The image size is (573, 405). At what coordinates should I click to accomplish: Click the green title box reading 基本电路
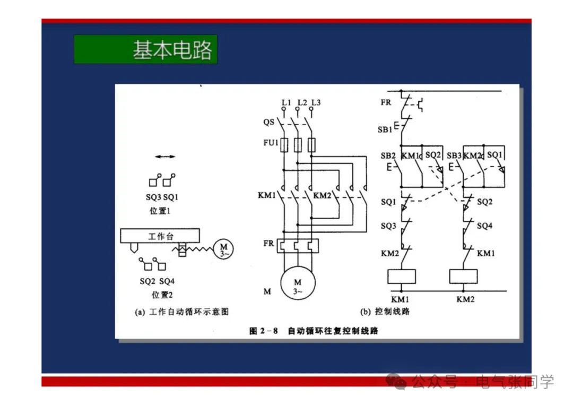(x=145, y=49)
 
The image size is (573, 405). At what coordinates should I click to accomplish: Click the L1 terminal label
(x=286, y=102)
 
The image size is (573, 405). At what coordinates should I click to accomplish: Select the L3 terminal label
(x=316, y=102)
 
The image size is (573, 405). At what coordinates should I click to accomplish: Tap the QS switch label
(x=268, y=122)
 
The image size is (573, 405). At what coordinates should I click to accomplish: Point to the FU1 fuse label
(x=271, y=143)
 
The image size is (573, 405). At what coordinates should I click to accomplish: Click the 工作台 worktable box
(x=160, y=236)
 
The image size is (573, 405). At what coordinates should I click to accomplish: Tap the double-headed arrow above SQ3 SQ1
(x=164, y=157)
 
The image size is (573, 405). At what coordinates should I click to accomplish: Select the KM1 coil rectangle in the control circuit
(x=402, y=277)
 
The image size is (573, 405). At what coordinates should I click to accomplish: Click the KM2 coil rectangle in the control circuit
(x=463, y=277)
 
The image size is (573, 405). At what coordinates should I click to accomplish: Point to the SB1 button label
(x=385, y=129)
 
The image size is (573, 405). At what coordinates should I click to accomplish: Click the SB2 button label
(x=388, y=156)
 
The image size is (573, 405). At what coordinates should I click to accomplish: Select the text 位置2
(x=162, y=295)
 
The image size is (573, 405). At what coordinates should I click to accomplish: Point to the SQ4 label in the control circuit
(x=484, y=226)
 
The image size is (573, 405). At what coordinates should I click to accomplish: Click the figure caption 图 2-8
(x=264, y=331)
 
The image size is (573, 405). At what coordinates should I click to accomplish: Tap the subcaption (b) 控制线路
(x=385, y=312)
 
